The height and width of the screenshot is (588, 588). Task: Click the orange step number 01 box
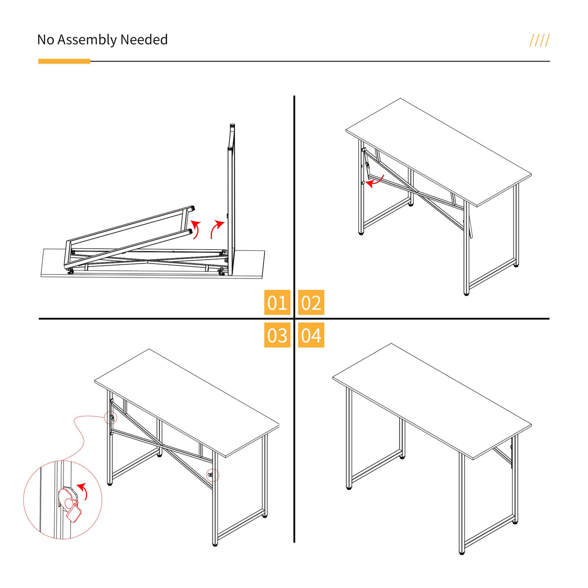pyautogui.click(x=277, y=303)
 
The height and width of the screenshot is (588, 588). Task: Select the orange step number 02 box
pyautogui.click(x=311, y=303)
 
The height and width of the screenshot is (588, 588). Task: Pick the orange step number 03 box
pyautogui.click(x=277, y=335)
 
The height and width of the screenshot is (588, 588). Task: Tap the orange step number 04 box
pyautogui.click(x=311, y=335)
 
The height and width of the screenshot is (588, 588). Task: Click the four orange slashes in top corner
pyautogui.click(x=539, y=40)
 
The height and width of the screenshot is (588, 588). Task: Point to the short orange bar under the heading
pyautogui.click(x=64, y=62)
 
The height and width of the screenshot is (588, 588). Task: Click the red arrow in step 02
pyautogui.click(x=375, y=181)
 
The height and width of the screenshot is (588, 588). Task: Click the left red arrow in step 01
pyautogui.click(x=195, y=229)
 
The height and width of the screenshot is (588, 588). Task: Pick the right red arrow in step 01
pyautogui.click(x=217, y=229)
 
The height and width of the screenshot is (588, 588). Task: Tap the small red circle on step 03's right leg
pyautogui.click(x=212, y=475)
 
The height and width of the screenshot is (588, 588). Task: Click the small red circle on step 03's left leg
pyautogui.click(x=110, y=418)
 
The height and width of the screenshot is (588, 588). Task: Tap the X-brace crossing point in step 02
pyautogui.click(x=418, y=194)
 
